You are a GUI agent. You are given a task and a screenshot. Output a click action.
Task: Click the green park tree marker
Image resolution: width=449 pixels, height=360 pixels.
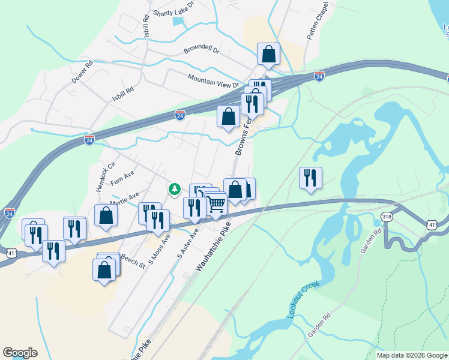[175, 190]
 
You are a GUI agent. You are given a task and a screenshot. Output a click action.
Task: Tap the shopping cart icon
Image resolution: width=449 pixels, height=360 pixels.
[215, 203]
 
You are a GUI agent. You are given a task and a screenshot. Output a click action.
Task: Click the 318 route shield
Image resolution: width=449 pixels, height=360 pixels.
[386, 217]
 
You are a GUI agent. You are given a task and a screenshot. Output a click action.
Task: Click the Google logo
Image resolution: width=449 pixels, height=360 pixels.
[20, 353]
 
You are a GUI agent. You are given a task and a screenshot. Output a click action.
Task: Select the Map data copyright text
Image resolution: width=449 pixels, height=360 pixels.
[412, 355]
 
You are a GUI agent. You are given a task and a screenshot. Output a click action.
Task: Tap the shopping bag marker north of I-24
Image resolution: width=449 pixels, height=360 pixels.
[268, 54]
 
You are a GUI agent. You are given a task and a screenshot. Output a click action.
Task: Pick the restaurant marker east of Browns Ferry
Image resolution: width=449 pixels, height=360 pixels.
[310, 178]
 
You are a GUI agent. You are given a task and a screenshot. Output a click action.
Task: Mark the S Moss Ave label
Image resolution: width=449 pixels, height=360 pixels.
[160, 248]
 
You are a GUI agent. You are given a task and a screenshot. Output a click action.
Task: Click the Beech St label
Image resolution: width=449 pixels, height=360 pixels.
[133, 260]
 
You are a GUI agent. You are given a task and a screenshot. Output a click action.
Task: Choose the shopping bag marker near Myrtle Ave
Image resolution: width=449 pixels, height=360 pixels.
[106, 216]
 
